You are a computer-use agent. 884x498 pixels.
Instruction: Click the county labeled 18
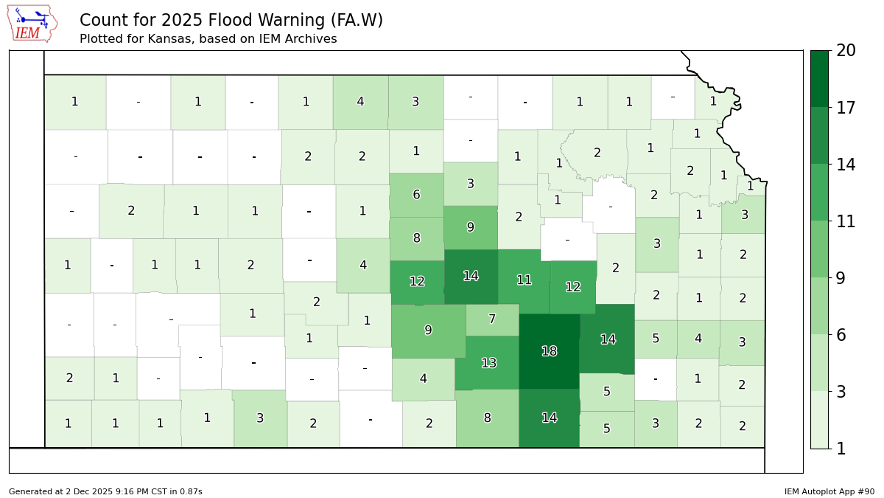549,351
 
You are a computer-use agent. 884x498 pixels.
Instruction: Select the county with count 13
488,363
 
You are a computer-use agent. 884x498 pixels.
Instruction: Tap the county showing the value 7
492,319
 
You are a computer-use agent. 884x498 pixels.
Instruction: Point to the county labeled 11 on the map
524,280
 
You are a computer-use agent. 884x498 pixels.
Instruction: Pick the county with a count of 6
416,195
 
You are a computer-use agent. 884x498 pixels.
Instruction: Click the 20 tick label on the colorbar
846,51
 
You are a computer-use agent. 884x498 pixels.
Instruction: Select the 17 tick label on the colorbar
846,108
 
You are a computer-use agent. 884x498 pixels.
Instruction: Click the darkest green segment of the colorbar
819,78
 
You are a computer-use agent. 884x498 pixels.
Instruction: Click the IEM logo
32,24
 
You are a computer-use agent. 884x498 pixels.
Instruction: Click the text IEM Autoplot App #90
829,491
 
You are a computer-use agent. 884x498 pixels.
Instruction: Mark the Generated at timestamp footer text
105,491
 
